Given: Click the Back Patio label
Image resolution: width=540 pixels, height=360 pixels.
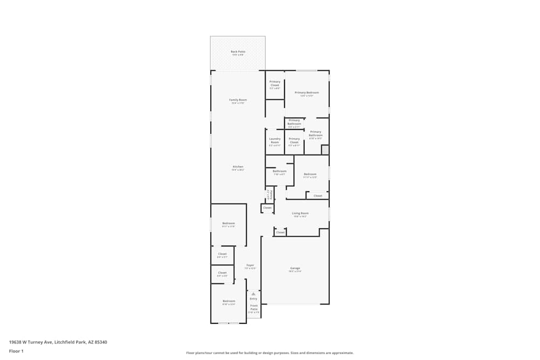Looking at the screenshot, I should pos(238,52).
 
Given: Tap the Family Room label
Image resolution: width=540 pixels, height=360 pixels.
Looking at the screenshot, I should pos(238,100).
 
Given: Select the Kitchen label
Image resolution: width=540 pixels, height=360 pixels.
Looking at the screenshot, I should pos(238,167).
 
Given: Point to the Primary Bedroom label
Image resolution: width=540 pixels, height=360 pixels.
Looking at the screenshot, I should pos(307,93).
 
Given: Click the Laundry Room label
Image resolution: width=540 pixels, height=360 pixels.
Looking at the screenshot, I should pos(275,140).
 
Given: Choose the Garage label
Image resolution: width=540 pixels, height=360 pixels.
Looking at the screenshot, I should pos(295,268).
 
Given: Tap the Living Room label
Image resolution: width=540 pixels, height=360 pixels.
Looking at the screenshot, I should pos(300,213).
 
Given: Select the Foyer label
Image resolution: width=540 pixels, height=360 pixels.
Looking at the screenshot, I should pos(250,265).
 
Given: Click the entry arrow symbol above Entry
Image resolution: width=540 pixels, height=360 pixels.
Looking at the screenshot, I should pos(253,294).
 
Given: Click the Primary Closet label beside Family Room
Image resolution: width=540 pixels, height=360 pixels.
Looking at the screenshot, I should pos(275,83).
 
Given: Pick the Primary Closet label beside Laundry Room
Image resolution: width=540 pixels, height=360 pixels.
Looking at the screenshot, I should pos(294,140).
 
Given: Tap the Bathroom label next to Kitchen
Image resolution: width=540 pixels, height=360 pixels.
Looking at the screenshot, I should pos(280,171).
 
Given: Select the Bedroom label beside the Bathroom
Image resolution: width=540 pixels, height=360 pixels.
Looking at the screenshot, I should pos(310,174).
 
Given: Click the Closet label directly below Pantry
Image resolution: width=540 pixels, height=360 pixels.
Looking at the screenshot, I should pos(268,208).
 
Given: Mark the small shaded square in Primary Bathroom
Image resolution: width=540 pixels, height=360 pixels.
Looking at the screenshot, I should pos(325,150).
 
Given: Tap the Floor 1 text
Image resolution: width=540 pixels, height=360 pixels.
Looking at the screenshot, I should pos(16,351).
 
